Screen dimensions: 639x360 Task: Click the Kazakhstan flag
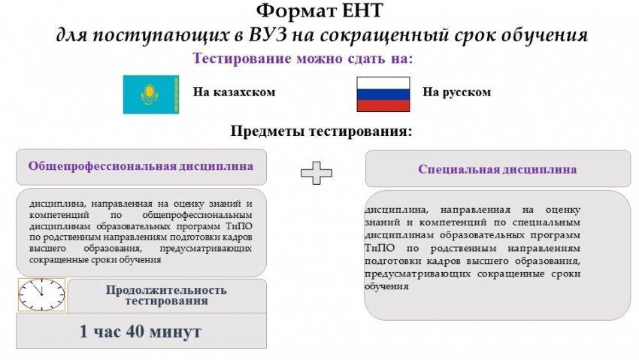click(x=151, y=95)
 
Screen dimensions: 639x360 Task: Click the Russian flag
click(x=383, y=95)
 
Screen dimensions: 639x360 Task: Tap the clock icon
click(x=41, y=295)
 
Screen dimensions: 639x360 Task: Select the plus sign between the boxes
click(x=316, y=173)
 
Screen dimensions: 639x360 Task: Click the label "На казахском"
click(x=235, y=92)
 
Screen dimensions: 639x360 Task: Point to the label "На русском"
click(x=457, y=92)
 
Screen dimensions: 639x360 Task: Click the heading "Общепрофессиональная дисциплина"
click(x=141, y=166)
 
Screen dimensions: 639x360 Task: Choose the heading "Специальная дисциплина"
click(x=498, y=169)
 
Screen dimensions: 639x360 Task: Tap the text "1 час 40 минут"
click(x=140, y=331)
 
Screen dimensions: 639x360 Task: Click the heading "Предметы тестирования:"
click(x=322, y=132)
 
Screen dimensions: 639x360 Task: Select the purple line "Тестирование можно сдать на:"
click(x=303, y=59)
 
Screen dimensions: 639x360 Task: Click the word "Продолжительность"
click(x=166, y=290)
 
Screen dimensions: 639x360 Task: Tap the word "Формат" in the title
click(x=291, y=11)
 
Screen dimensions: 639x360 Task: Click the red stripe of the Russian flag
click(x=383, y=106)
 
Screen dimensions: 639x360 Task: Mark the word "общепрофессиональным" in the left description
click(x=197, y=215)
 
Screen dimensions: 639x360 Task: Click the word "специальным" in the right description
click(x=546, y=222)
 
